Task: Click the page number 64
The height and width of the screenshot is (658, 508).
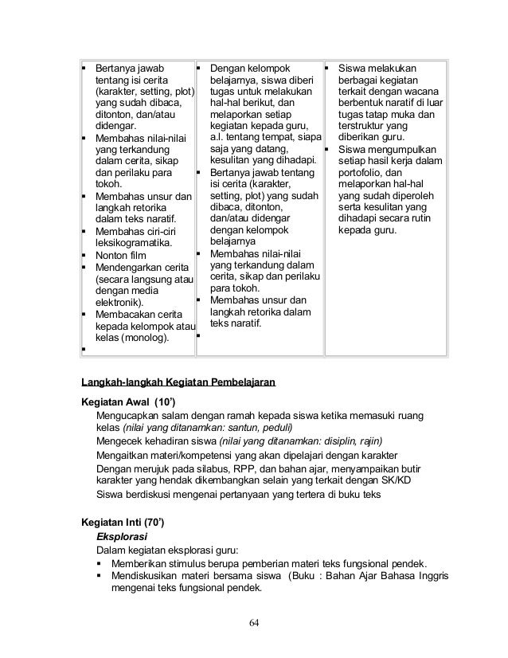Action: [253, 621]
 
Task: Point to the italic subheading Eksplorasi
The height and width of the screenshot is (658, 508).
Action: [120, 537]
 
